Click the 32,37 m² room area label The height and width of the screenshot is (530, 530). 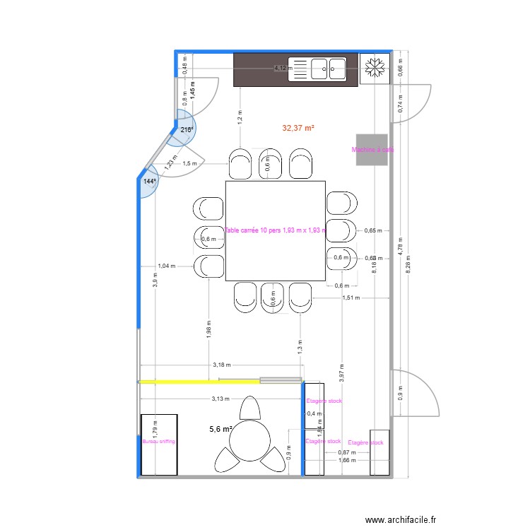click(x=298, y=129)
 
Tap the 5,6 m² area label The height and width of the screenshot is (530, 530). click(x=220, y=429)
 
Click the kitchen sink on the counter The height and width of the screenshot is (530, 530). click(x=326, y=69)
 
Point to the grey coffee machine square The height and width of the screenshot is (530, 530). click(x=371, y=150)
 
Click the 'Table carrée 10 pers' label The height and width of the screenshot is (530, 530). click(x=275, y=230)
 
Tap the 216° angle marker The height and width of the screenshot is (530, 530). click(x=186, y=130)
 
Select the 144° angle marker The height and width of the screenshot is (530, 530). click(x=149, y=182)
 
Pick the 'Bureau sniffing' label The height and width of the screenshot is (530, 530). click(x=158, y=441)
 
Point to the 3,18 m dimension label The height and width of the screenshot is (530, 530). click(x=220, y=365)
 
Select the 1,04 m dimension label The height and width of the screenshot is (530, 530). click(x=166, y=266)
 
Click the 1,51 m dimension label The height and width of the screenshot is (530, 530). click(x=351, y=298)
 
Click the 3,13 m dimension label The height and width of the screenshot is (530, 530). click(x=220, y=399)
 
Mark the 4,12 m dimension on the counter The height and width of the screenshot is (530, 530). click(x=283, y=69)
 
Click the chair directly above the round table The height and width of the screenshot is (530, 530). click(x=249, y=408)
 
